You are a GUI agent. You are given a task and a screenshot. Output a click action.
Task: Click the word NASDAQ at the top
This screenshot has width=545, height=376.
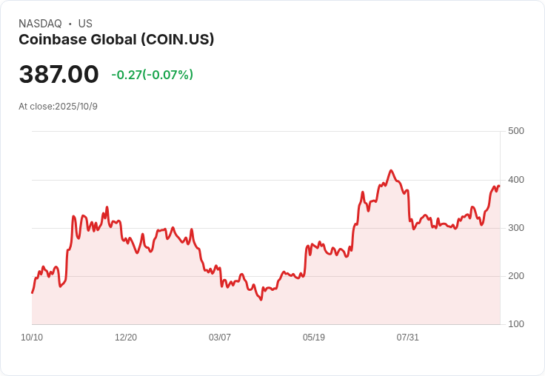[40, 24]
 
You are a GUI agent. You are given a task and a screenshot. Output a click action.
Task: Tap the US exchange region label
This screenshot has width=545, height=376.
[85, 24]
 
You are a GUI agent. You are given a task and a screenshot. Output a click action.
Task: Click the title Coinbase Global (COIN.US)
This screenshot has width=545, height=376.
[116, 40]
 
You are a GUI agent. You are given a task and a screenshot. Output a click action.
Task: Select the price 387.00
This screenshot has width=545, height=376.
[58, 74]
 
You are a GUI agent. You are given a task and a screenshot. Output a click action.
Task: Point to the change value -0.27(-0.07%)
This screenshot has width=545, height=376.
[152, 75]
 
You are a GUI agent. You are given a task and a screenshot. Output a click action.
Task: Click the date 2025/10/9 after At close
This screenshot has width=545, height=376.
[76, 107]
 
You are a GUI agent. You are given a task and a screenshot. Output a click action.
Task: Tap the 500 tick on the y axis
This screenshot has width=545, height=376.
[515, 131]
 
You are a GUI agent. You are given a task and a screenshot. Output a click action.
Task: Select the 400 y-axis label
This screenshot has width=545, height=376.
[515, 180]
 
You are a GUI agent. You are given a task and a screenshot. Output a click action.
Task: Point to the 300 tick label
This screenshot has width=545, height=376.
[515, 228]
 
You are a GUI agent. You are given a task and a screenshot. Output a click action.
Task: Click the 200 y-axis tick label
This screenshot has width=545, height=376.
[515, 276]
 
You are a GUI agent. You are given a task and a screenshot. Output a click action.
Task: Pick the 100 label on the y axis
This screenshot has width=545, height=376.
[515, 324]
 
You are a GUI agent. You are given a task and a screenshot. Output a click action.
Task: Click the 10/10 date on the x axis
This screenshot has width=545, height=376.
[32, 338]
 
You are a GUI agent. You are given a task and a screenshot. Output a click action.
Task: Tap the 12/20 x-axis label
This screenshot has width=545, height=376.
[126, 338]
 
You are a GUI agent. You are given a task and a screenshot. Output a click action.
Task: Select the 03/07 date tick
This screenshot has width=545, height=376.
[220, 338]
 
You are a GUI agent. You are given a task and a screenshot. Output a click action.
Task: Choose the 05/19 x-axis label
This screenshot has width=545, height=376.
[314, 338]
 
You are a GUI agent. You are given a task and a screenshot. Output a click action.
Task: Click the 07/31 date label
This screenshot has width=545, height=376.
[408, 338]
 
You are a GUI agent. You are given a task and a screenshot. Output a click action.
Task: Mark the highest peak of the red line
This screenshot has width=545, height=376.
[391, 170]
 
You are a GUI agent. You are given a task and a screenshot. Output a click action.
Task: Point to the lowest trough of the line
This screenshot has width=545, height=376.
[261, 300]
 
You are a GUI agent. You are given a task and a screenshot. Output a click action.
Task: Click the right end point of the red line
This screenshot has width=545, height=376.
[499, 186]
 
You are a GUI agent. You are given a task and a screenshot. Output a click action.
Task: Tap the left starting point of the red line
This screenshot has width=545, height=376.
[32, 293]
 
